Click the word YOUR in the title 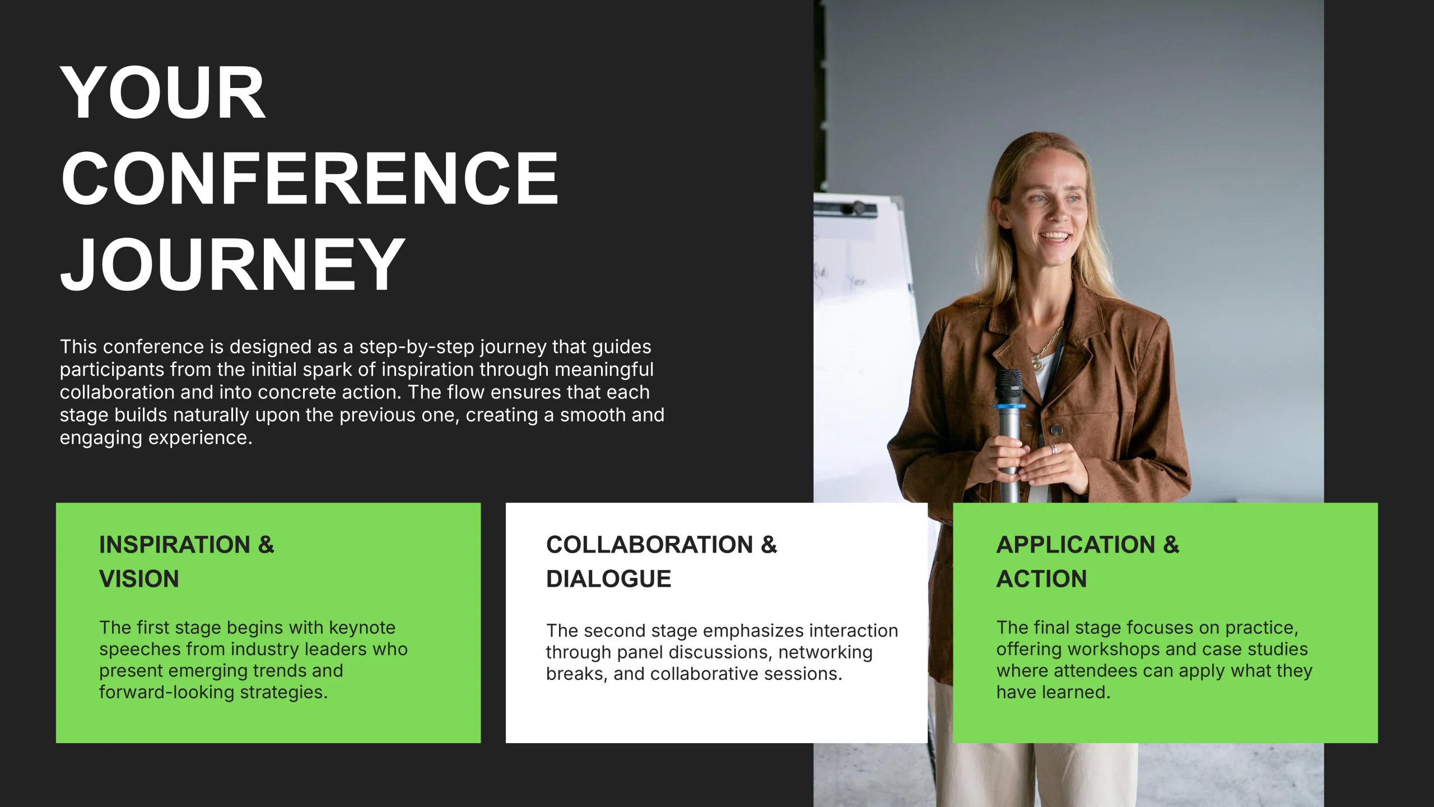tap(162, 92)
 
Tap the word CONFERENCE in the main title tap(310, 178)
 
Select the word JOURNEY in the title tap(232, 264)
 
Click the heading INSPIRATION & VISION tap(187, 562)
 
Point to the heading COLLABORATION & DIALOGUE tap(662, 562)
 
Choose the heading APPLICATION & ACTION tap(1088, 562)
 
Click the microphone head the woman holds tap(1009, 386)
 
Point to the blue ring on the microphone tap(1010, 406)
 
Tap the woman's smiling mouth tap(1055, 237)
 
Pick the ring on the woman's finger tap(1053, 449)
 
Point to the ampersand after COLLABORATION tap(769, 545)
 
